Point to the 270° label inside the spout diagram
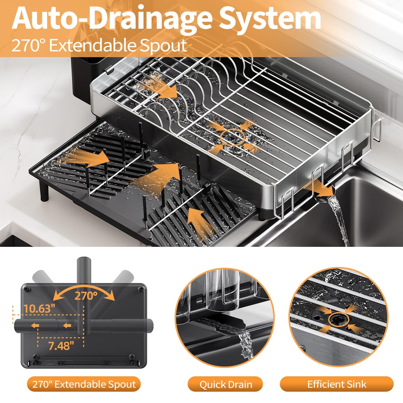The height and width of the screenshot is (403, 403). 86,296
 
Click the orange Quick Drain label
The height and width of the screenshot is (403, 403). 226,385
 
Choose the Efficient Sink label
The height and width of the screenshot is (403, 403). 337,384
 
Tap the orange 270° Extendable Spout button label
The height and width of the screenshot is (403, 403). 84,384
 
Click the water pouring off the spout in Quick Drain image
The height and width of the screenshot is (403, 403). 246,343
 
